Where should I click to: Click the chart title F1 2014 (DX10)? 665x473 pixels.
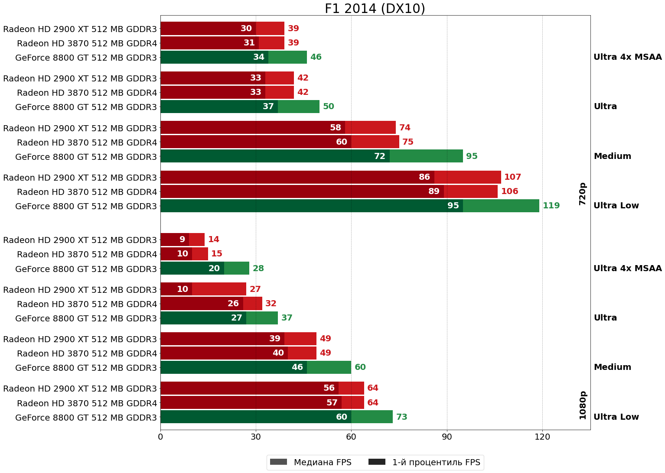pyautogui.click(x=375, y=9)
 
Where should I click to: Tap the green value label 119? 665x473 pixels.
pyautogui.click(x=551, y=206)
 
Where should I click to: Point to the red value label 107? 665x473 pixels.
pyautogui.click(x=512, y=177)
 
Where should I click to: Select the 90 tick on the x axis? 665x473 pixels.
pyautogui.click(x=447, y=437)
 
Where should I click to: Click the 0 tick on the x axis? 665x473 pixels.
pyautogui.click(x=160, y=437)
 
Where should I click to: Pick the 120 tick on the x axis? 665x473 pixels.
pyautogui.click(x=542, y=437)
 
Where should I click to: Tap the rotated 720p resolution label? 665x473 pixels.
pyautogui.click(x=583, y=194)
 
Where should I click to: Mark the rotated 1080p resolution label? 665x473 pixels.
pyautogui.click(x=583, y=405)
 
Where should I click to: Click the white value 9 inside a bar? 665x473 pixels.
pyautogui.click(x=182, y=240)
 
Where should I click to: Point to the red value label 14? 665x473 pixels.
pyautogui.click(x=213, y=240)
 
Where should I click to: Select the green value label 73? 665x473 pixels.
pyautogui.click(x=401, y=417)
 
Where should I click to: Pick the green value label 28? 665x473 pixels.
pyautogui.click(x=258, y=269)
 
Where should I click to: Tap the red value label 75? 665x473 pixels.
pyautogui.click(x=407, y=142)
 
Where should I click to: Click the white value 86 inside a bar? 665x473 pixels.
pyautogui.click(x=424, y=177)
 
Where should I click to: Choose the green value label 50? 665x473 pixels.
pyautogui.click(x=328, y=107)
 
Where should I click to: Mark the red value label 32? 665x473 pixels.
pyautogui.click(x=271, y=304)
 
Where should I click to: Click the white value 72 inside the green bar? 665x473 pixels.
pyautogui.click(x=379, y=156)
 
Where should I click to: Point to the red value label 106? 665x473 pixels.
pyautogui.click(x=509, y=191)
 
